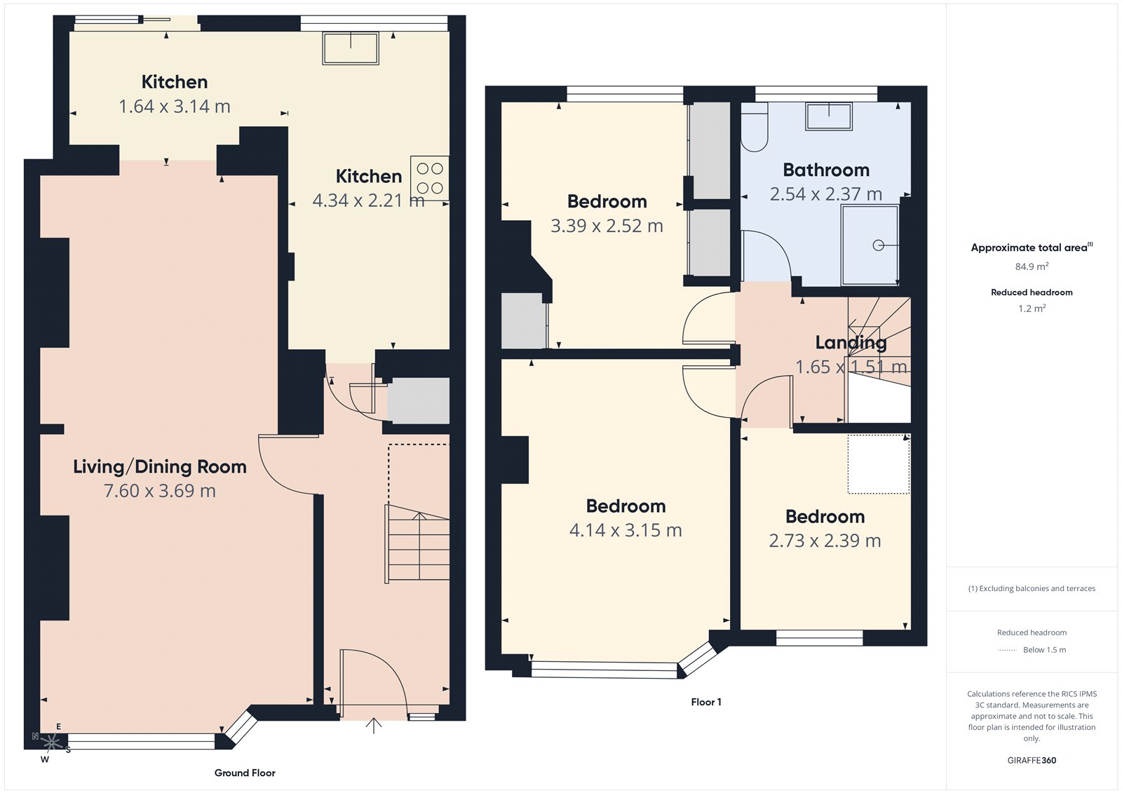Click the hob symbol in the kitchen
click(x=430, y=178)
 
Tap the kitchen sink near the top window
click(x=351, y=48)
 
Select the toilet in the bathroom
click(x=755, y=128)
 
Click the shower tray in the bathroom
click(x=870, y=245)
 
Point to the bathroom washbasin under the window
click(x=829, y=116)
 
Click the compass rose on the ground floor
click(x=51, y=742)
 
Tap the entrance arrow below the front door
click(x=374, y=726)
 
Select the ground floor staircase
click(x=418, y=543)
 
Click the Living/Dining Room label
click(x=160, y=467)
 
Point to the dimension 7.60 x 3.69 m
click(x=160, y=491)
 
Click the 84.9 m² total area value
click(x=1032, y=266)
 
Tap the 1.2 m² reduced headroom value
click(x=1032, y=309)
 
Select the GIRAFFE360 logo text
click(x=1032, y=760)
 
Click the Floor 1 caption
click(x=705, y=702)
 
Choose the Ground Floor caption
click(x=245, y=773)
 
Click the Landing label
click(x=851, y=342)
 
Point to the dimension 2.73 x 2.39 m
click(x=825, y=541)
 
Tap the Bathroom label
click(x=826, y=170)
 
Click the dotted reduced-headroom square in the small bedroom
click(x=879, y=464)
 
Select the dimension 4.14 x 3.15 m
click(x=626, y=530)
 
